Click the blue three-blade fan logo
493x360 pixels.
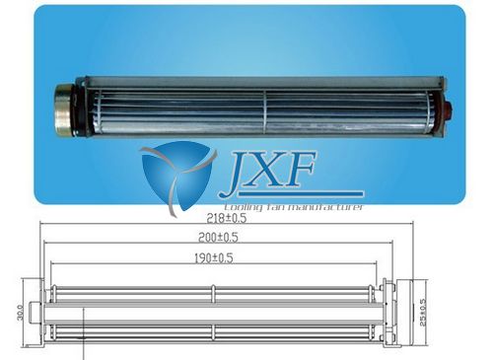click(177, 177)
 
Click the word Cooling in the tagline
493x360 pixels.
click(244, 208)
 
